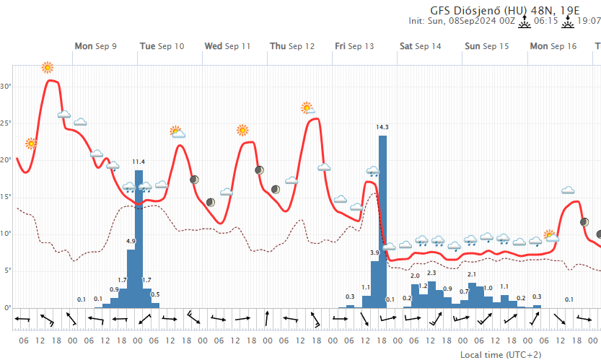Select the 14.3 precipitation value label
click(382, 128)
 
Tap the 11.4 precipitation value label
click(139, 162)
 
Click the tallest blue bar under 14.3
click(382, 216)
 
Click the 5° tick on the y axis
click(7, 271)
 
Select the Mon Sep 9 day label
click(95, 46)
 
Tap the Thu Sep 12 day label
click(292, 46)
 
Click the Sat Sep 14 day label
click(420, 46)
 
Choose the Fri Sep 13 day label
click(354, 46)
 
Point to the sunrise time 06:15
click(545, 21)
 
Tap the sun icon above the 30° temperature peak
click(48, 68)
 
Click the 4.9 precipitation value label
click(131, 241)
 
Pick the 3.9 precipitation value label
click(374, 253)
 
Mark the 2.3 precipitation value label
click(431, 273)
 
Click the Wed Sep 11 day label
click(227, 46)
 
